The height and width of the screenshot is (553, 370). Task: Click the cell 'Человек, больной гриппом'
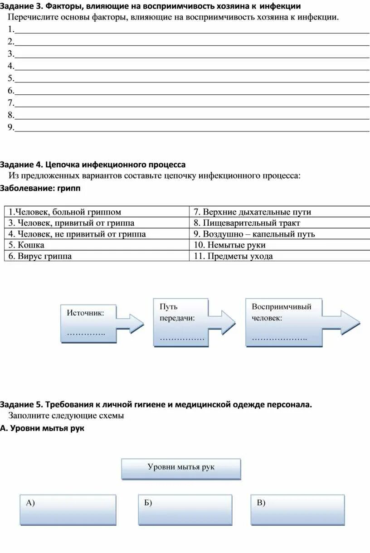96,212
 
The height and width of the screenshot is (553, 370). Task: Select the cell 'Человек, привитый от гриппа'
96,223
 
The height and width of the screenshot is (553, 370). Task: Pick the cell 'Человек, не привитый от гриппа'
96,234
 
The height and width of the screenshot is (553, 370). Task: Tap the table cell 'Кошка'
96,245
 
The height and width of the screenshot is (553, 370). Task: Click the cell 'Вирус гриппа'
96,256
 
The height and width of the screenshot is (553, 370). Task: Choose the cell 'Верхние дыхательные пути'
279,212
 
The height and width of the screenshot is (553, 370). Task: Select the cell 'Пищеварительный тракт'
279,223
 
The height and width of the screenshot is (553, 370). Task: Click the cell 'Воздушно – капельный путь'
279,234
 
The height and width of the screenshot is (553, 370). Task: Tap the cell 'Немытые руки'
279,245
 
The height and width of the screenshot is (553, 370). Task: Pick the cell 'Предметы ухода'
279,256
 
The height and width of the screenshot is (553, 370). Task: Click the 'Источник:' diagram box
88,323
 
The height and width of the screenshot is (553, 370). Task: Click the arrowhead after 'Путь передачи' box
224,323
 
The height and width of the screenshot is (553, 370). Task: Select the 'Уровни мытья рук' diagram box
181,468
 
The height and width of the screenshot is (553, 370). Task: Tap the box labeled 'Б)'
185,509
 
